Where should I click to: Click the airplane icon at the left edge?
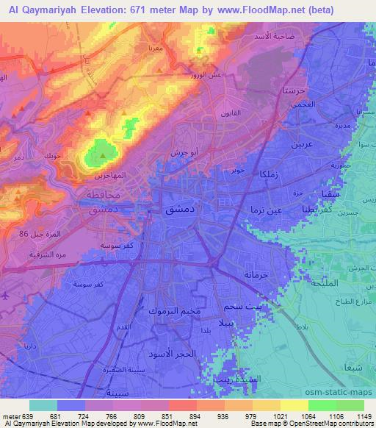tap(5, 295)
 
